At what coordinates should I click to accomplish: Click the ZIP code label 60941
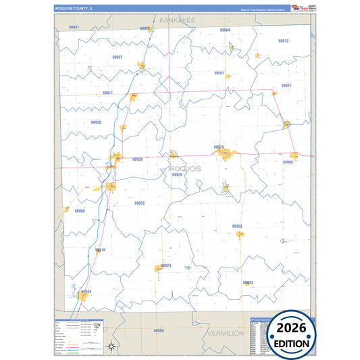[74, 27]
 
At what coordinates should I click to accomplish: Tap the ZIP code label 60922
[145, 28]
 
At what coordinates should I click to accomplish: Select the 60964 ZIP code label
[225, 30]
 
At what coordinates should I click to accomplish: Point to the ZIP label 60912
[284, 41]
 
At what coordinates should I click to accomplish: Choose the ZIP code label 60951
[219, 72]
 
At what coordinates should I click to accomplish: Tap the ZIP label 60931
[286, 86]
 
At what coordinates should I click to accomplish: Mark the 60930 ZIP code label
[96, 122]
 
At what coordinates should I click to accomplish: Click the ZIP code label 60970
[219, 147]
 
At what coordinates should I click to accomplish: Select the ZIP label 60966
[288, 162]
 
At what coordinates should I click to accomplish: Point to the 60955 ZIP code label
[139, 203]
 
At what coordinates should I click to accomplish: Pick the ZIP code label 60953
[237, 226]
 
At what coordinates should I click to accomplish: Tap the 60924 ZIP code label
[166, 265]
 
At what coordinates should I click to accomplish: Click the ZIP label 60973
[248, 282]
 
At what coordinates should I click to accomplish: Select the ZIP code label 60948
[86, 292]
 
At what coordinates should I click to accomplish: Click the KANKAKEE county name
[177, 21]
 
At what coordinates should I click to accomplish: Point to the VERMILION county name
[226, 334]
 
